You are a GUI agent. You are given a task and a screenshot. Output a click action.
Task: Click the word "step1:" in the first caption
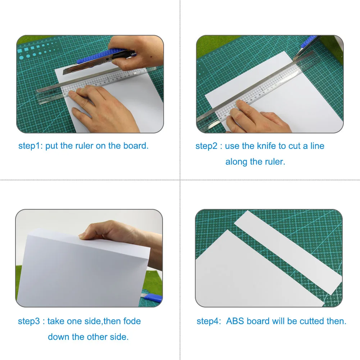(x=31, y=146)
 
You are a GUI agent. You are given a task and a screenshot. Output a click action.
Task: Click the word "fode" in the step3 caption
(x=132, y=321)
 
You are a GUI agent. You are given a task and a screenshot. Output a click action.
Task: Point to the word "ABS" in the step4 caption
(x=236, y=321)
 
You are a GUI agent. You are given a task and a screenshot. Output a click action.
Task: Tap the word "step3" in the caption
(x=29, y=321)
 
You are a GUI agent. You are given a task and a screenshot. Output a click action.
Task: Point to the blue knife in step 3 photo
(x=153, y=298)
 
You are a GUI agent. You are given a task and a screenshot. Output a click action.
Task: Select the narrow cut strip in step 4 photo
(x=288, y=248)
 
